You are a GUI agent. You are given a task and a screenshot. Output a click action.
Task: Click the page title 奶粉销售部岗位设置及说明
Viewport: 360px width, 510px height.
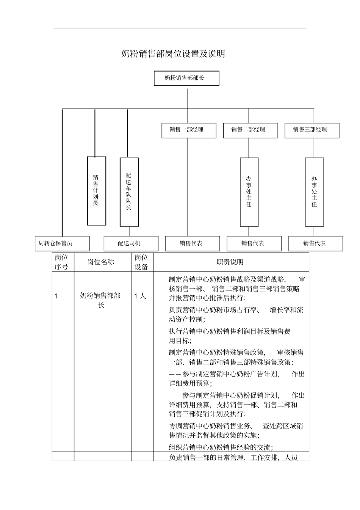[173, 54]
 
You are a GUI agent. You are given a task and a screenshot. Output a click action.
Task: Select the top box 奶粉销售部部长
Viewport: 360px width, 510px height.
[186, 78]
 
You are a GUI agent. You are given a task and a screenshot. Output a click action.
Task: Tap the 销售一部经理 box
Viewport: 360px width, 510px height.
[188, 130]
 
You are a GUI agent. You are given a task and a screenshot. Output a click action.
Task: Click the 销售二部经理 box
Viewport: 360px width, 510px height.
[250, 130]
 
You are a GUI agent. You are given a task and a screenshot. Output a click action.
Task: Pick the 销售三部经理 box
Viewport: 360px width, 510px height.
[311, 130]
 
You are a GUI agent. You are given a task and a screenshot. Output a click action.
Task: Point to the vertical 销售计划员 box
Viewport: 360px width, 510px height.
[96, 191]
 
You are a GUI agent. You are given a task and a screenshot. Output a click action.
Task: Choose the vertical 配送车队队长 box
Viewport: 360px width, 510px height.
[129, 191]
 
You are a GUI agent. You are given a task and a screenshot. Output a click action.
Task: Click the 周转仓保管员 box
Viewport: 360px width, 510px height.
[62, 243]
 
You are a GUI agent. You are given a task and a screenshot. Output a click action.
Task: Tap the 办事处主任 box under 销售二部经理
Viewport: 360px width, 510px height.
[249, 192]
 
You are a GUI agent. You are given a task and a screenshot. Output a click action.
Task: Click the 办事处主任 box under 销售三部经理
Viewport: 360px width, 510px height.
[314, 192]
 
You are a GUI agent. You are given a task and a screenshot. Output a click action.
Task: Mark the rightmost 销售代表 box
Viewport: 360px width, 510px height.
[315, 243]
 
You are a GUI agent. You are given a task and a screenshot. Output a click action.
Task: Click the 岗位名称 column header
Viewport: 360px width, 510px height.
[101, 262]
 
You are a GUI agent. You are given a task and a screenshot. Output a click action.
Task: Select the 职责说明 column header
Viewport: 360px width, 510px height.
[230, 262]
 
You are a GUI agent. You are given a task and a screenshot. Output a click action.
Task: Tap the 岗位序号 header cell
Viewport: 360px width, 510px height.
[62, 262]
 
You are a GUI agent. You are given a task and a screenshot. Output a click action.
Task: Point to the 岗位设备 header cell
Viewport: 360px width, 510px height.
[142, 262]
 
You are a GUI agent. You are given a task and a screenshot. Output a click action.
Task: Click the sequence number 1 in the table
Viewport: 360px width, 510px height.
[56, 296]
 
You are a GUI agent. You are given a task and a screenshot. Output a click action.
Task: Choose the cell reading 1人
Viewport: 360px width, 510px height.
[140, 296]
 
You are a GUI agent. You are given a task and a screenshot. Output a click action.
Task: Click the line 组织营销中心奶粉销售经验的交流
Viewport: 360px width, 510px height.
[221, 447]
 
